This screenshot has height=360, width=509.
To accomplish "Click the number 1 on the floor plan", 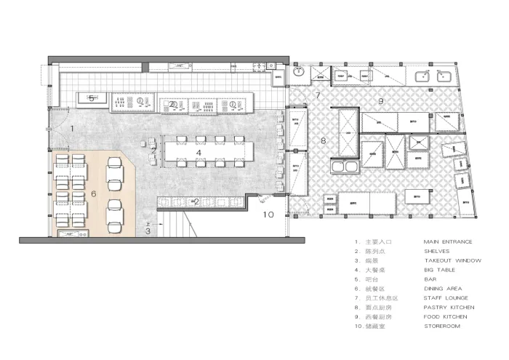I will click(x=73, y=129).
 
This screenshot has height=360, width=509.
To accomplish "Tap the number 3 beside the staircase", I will click(x=148, y=231).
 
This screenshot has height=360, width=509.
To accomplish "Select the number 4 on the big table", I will click(x=198, y=153).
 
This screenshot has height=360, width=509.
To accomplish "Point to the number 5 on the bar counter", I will click(x=91, y=98).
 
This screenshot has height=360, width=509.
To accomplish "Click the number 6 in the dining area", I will click(x=94, y=193).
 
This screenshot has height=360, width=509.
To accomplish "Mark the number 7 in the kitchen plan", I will click(x=318, y=95).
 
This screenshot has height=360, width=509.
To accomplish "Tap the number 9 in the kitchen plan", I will click(x=380, y=100).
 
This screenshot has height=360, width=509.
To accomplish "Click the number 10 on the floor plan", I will click(x=268, y=215).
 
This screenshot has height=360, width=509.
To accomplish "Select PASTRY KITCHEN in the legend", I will click(x=449, y=308).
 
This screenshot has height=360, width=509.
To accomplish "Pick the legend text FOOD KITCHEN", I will click(x=446, y=317).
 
